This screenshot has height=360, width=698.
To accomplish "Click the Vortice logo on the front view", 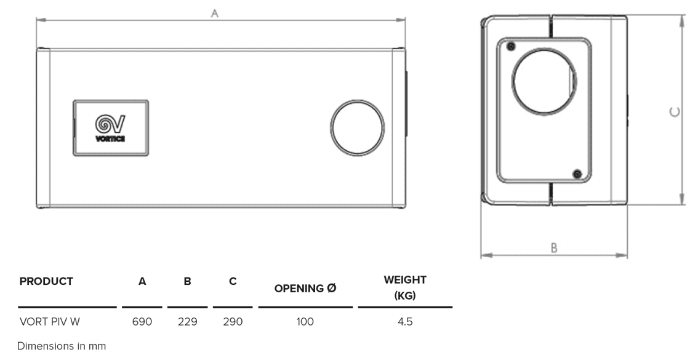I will (x=110, y=128).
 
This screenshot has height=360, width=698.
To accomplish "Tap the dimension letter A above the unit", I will (x=215, y=13).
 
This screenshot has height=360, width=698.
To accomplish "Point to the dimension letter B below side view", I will (x=554, y=247).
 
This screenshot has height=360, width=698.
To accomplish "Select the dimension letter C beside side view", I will (x=675, y=111).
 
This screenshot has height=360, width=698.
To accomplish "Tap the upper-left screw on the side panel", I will (x=510, y=47).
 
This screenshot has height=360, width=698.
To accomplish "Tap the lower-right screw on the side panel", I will (x=577, y=174).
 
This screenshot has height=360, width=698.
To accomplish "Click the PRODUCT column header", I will (x=46, y=281).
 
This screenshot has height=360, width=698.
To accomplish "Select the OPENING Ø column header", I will (x=305, y=289).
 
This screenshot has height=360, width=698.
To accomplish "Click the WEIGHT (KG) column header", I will (x=405, y=287).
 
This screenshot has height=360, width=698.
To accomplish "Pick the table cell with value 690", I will (x=142, y=321).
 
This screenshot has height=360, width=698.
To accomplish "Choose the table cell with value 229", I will (x=187, y=321).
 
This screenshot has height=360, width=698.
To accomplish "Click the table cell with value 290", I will (x=233, y=321).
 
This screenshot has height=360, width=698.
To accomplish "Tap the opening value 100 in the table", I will (x=305, y=321).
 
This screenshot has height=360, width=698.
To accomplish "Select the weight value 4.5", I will (x=404, y=321).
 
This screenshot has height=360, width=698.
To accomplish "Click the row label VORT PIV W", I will (x=49, y=321).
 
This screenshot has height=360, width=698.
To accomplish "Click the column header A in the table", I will (x=142, y=281).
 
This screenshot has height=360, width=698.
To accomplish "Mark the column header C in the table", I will (x=233, y=281).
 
